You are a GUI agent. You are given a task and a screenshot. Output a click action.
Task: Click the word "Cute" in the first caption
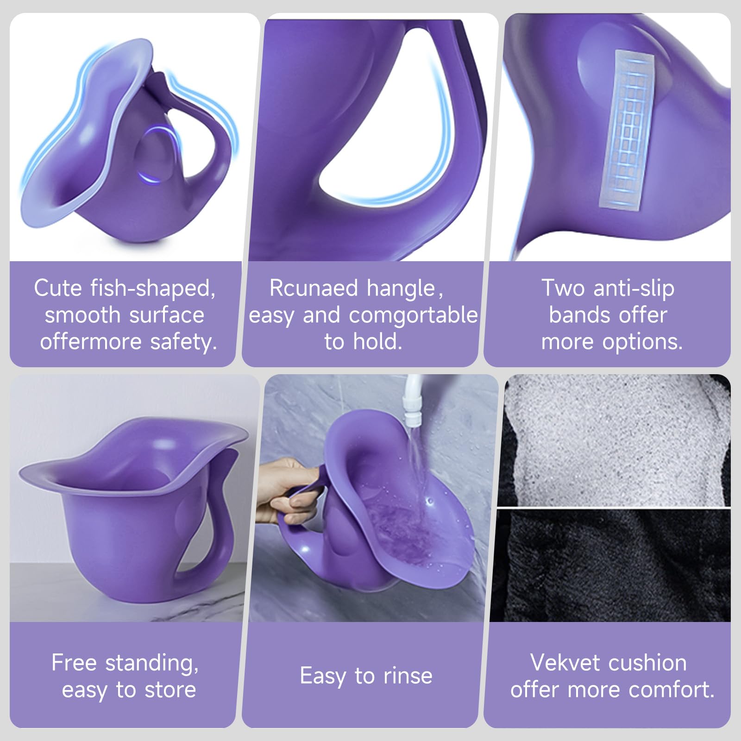[57, 288]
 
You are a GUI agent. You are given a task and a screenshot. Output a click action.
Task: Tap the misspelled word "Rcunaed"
[314, 288]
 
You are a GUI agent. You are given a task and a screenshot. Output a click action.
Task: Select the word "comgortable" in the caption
[413, 315]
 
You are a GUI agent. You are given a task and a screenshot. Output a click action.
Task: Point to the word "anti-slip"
[634, 288]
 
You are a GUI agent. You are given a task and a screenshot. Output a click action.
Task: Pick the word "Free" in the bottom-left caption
[74, 663]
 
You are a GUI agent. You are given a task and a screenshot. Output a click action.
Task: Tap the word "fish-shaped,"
[153, 288]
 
